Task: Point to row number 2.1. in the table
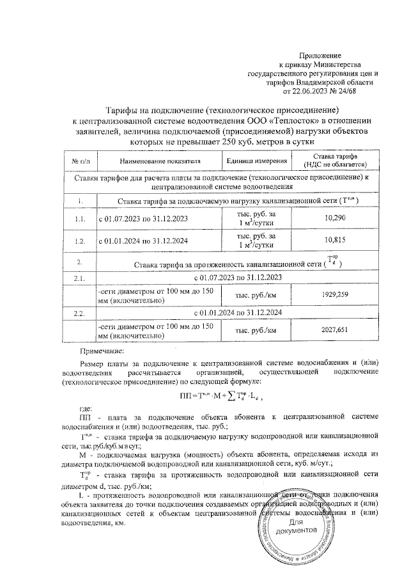click(x=80, y=278)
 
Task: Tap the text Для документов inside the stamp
click(x=295, y=527)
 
